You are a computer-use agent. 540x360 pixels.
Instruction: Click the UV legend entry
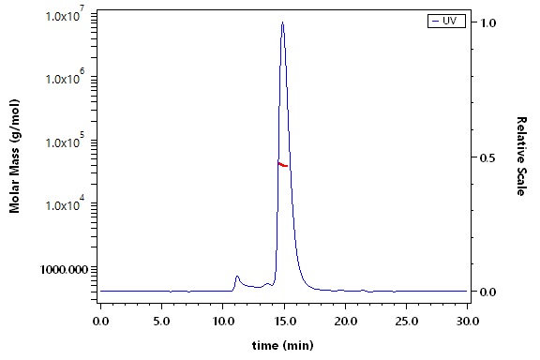(446, 21)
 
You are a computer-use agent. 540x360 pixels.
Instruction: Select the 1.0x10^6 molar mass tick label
(67, 78)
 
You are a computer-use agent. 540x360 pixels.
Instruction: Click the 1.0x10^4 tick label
(67, 204)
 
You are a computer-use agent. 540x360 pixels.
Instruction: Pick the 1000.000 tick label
(64, 269)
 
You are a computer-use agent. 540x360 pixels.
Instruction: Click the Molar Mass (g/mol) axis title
(14, 156)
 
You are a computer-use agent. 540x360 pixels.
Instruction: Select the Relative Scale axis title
(522, 157)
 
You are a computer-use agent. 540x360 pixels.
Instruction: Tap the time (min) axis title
(283, 345)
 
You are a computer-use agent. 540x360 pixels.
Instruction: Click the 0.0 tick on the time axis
(100, 322)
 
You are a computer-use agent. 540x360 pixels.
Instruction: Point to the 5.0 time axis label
(161, 322)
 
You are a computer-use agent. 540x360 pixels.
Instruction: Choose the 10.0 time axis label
(223, 322)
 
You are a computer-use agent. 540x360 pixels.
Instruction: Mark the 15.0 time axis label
(284, 322)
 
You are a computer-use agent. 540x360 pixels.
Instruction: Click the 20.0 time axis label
(345, 322)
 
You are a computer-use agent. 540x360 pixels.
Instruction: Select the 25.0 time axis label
(406, 322)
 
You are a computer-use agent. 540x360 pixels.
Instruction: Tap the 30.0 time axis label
(467, 322)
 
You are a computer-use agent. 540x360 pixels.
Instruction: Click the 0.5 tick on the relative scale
(488, 157)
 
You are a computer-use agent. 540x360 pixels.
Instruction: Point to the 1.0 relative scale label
(488, 23)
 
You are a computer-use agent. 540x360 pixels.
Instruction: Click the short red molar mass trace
(282, 165)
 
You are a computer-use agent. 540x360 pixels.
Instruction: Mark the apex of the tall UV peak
(282, 22)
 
